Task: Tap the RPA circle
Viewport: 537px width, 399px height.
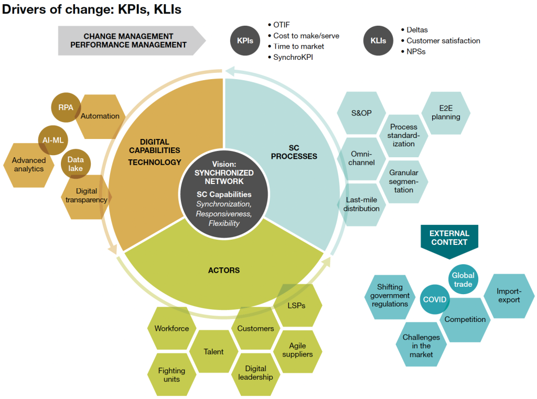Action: point(66,108)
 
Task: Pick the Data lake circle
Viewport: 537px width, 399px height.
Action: point(76,164)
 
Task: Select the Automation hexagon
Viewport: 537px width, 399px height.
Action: point(101,116)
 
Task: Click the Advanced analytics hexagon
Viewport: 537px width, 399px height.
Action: point(29,165)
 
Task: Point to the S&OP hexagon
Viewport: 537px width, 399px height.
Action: point(361,113)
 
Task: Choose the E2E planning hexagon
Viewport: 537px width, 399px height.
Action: point(446,113)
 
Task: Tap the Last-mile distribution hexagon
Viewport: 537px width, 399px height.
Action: point(361,204)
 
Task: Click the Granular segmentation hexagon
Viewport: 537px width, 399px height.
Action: point(403,181)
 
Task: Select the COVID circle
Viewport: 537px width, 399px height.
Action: point(435,300)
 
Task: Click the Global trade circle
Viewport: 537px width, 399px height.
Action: point(463,279)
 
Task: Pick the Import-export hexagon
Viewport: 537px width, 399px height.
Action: point(509,296)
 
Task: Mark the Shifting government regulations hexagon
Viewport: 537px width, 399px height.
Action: point(390,296)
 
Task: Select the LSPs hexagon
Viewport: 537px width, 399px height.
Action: point(297,305)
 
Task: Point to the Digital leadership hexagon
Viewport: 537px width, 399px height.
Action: point(255,373)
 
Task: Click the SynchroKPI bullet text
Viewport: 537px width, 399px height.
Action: point(296,57)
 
